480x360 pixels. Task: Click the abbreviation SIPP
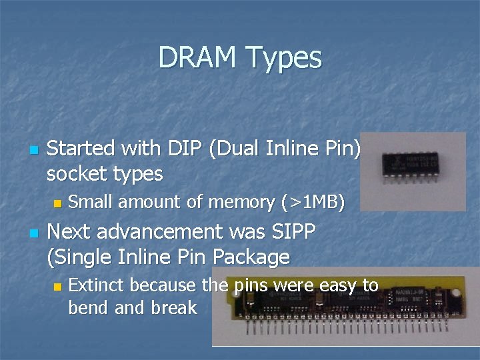point(293,231)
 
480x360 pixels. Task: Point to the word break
point(175,307)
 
